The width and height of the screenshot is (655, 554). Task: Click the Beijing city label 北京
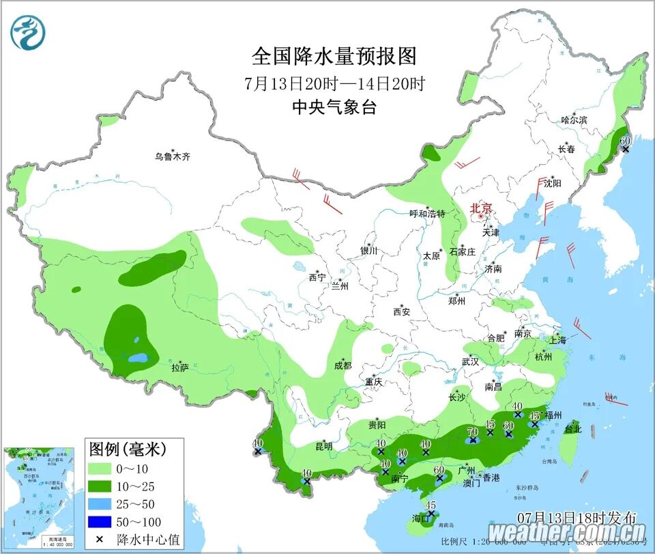(x=480, y=208)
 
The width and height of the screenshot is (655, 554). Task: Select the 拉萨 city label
(x=180, y=368)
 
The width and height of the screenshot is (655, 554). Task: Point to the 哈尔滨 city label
(x=573, y=120)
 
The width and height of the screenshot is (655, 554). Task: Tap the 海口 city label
(x=422, y=518)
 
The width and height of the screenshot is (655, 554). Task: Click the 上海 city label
(x=557, y=340)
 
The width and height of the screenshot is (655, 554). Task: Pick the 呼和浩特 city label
(x=426, y=214)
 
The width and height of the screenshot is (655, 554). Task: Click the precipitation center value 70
(x=472, y=431)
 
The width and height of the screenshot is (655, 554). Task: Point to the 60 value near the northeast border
(x=625, y=140)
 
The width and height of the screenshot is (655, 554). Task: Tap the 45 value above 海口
(x=431, y=505)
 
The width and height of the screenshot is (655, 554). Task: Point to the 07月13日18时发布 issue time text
(x=577, y=516)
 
